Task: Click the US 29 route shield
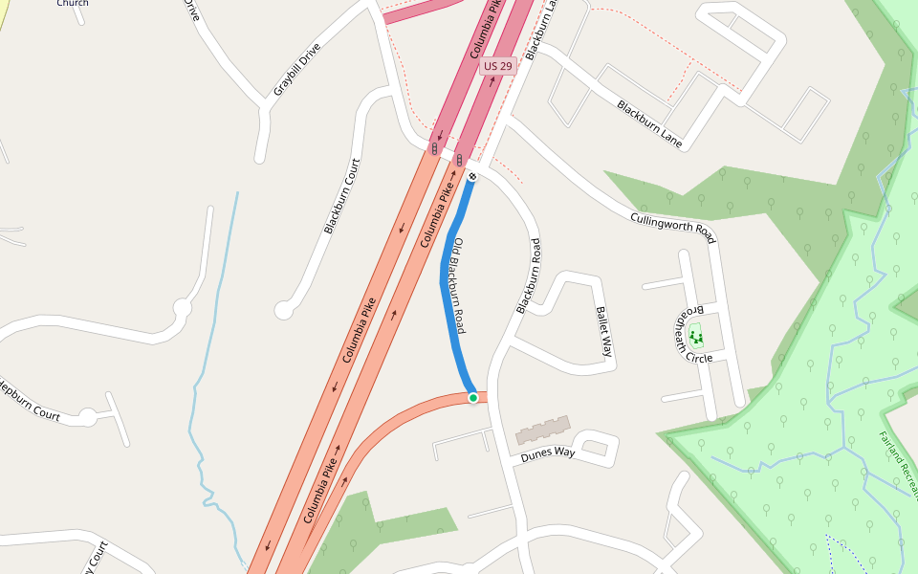[497, 66]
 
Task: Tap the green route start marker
[472, 397]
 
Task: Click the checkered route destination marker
[472, 176]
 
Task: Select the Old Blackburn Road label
[459, 285]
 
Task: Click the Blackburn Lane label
[649, 123]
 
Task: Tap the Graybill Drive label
[296, 69]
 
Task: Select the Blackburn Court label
[341, 195]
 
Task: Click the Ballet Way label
[603, 331]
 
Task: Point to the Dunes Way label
[548, 453]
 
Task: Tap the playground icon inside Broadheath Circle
[695, 335]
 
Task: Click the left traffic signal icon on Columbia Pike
[435, 149]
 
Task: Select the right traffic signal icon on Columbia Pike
[460, 160]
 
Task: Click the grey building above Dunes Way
[543, 430]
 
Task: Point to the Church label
[73, 4]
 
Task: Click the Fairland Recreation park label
[899, 464]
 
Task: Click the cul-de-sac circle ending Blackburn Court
[283, 310]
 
